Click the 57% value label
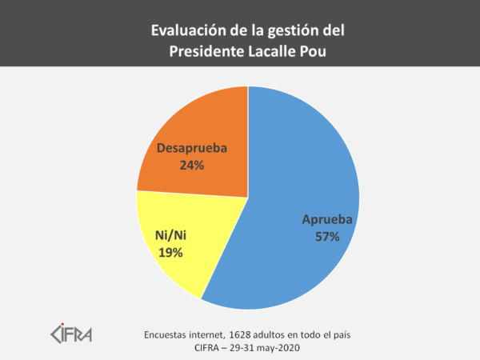[x=328, y=237]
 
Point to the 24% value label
[x=192, y=166]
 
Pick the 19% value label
[x=170, y=253]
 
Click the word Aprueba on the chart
[x=328, y=220]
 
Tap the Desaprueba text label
[x=192, y=149]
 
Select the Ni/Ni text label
[x=170, y=237]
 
